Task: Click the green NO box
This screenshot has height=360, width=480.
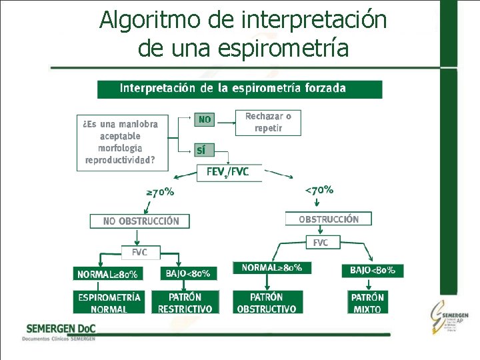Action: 205,120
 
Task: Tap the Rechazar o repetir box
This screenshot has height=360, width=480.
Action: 268,122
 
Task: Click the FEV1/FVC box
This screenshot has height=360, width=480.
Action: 229,172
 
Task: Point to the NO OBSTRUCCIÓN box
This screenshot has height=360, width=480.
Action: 140,221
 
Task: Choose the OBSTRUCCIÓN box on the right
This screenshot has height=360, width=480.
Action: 328,219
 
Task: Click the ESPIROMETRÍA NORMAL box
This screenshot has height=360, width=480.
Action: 109,303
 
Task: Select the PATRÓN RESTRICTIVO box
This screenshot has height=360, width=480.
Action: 185,303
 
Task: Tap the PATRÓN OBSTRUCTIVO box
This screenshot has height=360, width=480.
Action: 267,302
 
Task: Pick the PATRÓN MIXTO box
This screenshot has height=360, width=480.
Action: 367,303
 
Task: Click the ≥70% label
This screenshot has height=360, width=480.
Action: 160,192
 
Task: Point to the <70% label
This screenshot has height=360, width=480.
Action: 319,190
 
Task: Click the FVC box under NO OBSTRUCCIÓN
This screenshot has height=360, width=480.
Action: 139,253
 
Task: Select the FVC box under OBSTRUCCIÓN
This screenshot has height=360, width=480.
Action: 321,243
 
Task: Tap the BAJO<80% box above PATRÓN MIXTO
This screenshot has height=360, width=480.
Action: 373,271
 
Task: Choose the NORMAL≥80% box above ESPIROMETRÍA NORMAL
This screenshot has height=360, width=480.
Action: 108,274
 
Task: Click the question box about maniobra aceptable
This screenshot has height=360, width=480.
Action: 121,142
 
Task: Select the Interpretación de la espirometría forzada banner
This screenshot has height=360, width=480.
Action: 240,89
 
